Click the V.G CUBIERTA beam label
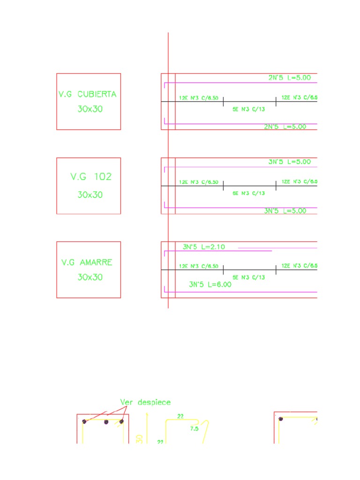(88, 94)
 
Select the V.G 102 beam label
(91, 177)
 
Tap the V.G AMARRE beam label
(87, 262)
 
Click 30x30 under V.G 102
(90, 195)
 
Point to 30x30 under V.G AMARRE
(90, 277)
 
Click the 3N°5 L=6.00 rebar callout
(210, 284)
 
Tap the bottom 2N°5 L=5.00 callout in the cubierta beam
(285, 127)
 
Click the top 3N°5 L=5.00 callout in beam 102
(289, 162)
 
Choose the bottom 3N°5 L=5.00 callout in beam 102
(285, 211)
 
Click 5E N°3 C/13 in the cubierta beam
(248, 109)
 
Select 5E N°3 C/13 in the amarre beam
(248, 277)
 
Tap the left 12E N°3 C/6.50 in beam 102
(199, 182)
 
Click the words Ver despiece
(145, 402)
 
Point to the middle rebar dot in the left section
(106, 422)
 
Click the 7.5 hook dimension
(194, 428)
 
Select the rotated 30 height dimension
(139, 438)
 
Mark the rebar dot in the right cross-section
(281, 419)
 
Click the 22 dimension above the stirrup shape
(180, 416)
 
